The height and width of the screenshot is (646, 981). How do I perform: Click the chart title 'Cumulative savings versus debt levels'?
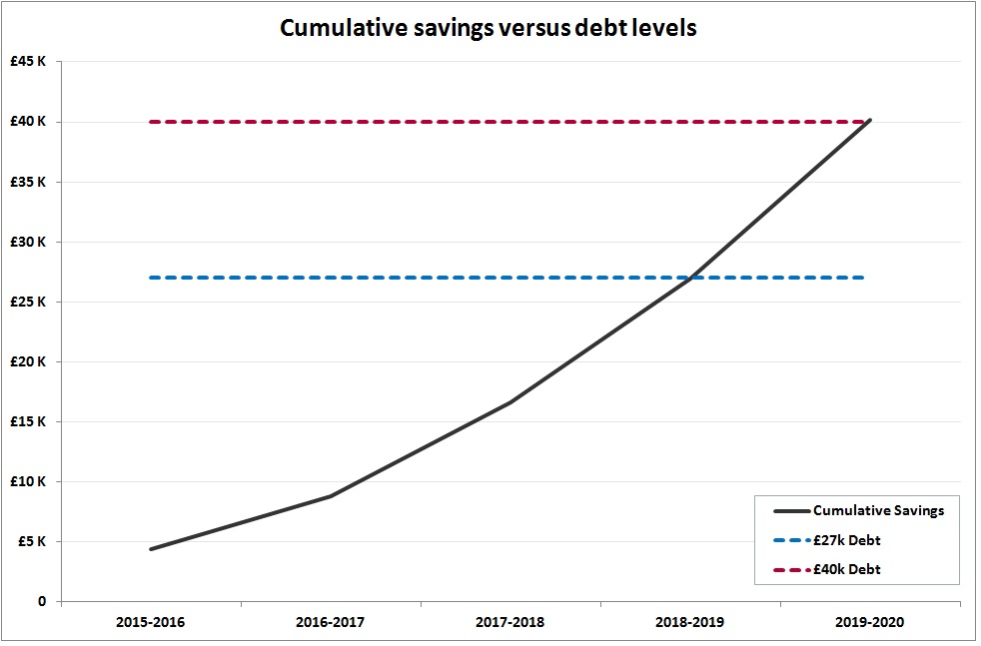coord(489,27)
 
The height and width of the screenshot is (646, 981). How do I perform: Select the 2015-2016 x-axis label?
coord(151,622)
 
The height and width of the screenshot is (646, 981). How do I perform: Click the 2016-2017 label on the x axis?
coord(331,622)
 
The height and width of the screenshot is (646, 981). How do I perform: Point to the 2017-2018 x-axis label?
coord(510,622)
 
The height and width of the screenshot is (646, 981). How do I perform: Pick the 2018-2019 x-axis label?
coord(690,622)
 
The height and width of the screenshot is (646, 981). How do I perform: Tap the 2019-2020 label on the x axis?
coord(870,622)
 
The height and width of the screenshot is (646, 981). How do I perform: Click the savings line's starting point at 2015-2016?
coord(151,549)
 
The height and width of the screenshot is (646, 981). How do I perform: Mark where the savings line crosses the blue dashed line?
coord(690,278)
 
